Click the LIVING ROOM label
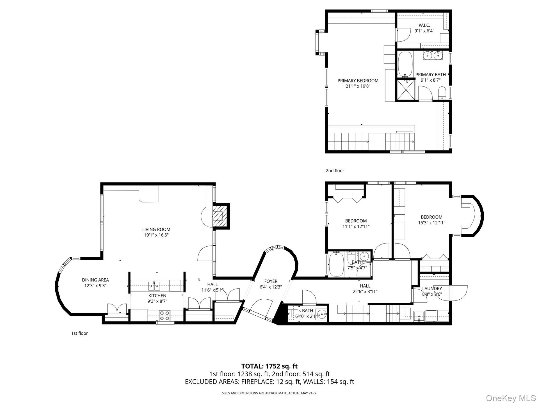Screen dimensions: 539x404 156,229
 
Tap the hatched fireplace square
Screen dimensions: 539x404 218,216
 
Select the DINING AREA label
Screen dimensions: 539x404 95,280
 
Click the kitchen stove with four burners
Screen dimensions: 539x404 165,315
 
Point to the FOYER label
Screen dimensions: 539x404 271,281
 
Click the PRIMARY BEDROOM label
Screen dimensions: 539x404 358,81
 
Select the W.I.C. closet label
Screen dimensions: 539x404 424,25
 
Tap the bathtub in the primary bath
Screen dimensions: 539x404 405,64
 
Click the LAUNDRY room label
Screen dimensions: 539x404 432,289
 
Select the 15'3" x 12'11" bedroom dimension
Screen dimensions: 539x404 431,223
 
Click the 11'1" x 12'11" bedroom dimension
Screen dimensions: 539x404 356,227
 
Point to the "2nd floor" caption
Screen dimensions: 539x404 335,171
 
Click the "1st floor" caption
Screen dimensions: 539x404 79,333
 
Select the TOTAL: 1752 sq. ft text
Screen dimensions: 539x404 269,366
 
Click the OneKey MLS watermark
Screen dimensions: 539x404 511,398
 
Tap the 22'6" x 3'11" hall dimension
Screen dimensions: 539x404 365,291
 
